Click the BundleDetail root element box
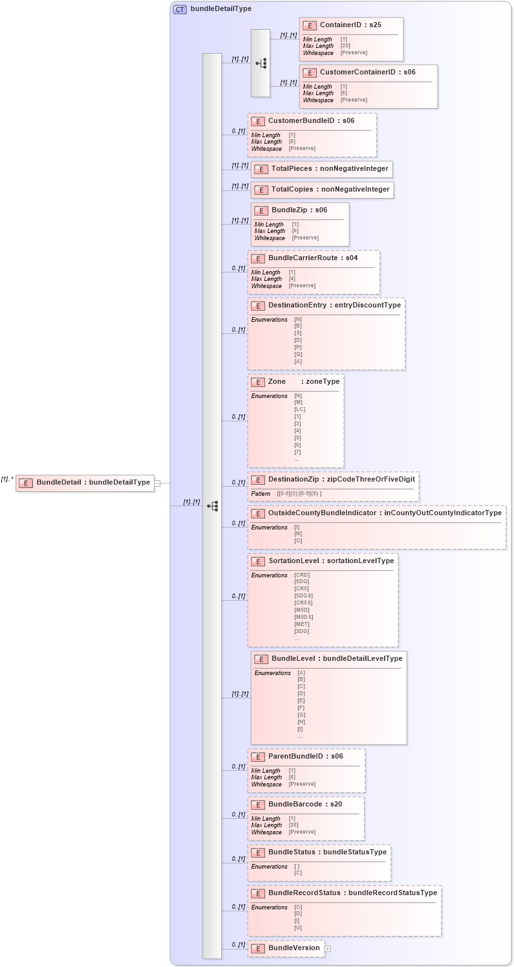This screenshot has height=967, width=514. click(85, 482)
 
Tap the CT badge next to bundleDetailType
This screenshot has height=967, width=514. click(180, 9)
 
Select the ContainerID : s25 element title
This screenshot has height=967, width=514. click(350, 25)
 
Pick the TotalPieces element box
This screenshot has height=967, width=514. click(322, 169)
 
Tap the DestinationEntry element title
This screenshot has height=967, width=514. click(334, 306)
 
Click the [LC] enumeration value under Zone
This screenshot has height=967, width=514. click(299, 410)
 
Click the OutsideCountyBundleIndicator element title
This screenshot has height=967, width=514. click(384, 513)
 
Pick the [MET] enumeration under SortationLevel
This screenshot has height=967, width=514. click(301, 625)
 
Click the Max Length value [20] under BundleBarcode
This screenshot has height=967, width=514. click(294, 825)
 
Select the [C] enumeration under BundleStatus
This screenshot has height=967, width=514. click(298, 873)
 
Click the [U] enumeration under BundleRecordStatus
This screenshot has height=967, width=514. click(298, 928)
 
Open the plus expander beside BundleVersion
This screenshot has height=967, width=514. click(328, 949)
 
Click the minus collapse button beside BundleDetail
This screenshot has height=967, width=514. click(157, 483)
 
